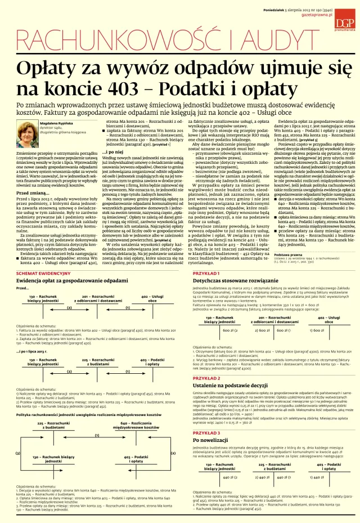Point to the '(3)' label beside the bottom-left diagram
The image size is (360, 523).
(x=17, y=453)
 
